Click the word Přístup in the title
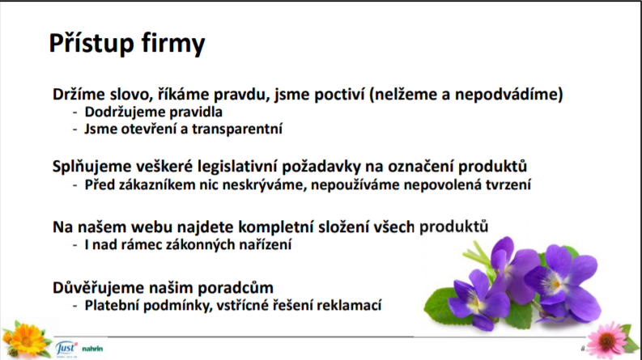[91, 43]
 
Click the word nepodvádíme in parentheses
[509, 95]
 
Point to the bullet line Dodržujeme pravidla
[154, 112]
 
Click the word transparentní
[237, 129]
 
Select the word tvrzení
[508, 185]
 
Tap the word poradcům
[236, 288]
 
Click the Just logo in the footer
[66, 349]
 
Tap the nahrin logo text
[92, 349]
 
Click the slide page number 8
[583, 349]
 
